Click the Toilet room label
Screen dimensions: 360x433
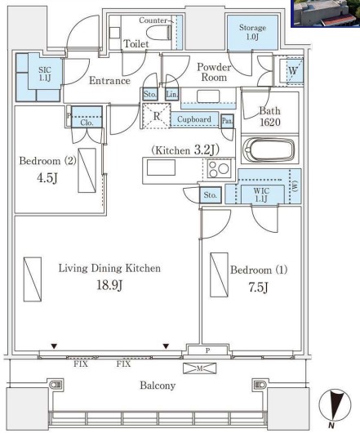pyautogui.click(x=136, y=44)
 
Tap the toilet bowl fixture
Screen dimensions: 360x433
pyautogui.click(x=158, y=33)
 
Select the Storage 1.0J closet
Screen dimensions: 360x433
pyautogui.click(x=252, y=33)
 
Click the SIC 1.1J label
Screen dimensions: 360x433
pyautogui.click(x=45, y=74)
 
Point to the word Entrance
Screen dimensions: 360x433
pyautogui.click(x=109, y=81)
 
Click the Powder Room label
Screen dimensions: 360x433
pyautogui.click(x=214, y=72)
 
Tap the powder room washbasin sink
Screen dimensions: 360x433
pyautogui.click(x=208, y=96)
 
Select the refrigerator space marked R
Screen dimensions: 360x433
pyautogui.click(x=157, y=116)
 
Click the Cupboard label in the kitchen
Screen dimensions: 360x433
pyautogui.click(x=194, y=119)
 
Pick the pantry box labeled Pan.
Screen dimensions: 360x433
pyautogui.click(x=227, y=121)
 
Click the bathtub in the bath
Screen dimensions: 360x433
pyautogui.click(x=269, y=150)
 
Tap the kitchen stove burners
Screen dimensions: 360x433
pyautogui.click(x=219, y=169)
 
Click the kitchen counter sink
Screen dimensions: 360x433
pyautogui.click(x=161, y=167)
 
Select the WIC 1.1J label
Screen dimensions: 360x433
pyautogui.click(x=261, y=194)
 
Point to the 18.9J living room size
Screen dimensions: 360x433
pyautogui.click(x=109, y=284)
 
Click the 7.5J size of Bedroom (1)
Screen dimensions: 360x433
pyautogui.click(x=258, y=288)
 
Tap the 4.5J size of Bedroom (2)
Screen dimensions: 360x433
pyautogui.click(x=47, y=178)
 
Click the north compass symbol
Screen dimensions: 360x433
pyautogui.click(x=335, y=406)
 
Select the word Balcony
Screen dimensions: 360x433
pyautogui.click(x=158, y=386)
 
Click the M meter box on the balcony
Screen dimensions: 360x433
pyautogui.click(x=200, y=368)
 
